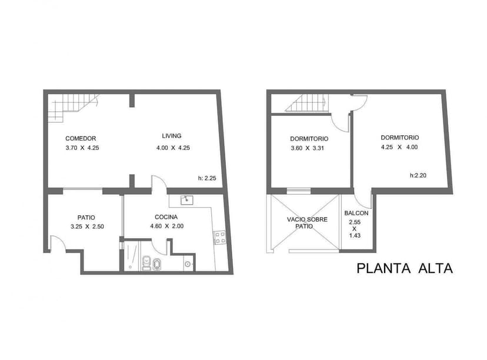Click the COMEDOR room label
coord(81,139)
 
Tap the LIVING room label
coord(172,136)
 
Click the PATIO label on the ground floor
coord(86,217)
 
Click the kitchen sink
coord(186,199)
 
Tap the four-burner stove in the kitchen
coord(221,237)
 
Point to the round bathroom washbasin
coord(188,265)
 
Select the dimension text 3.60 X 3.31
coord(309,148)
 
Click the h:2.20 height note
coord(419,175)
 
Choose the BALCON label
coord(356,213)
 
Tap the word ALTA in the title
coord(435,268)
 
